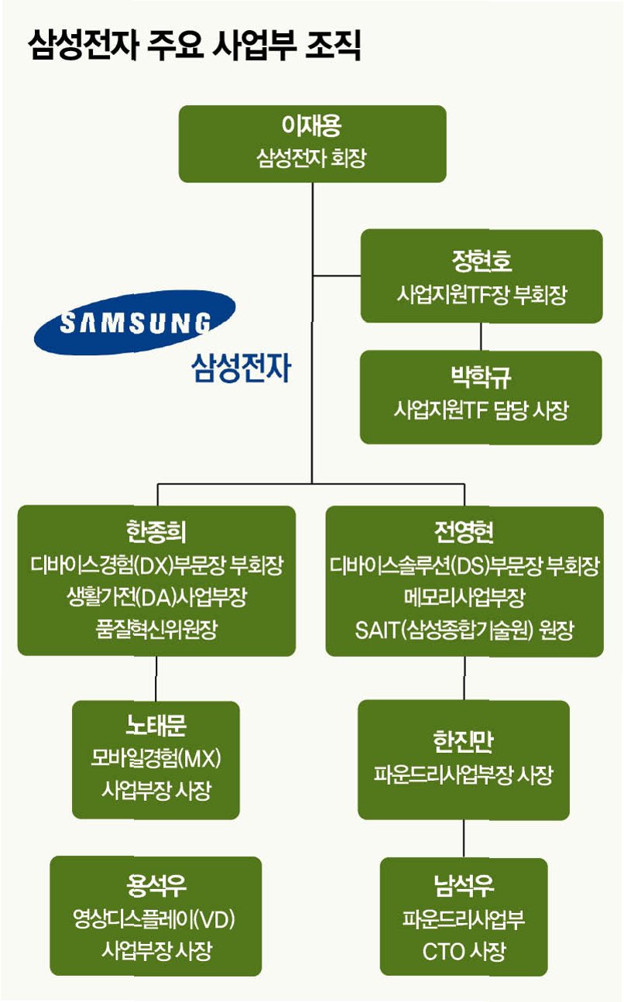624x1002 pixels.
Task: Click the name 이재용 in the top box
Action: pyautogui.click(x=312, y=126)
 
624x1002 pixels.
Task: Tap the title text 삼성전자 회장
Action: pyautogui.click(x=312, y=159)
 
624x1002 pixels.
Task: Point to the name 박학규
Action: pyautogui.click(x=481, y=378)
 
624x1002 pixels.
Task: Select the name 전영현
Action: pyautogui.click(x=464, y=532)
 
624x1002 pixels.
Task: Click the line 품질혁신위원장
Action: pyautogui.click(x=156, y=629)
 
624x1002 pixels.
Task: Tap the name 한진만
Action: pyautogui.click(x=464, y=741)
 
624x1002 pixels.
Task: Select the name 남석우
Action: pyautogui.click(x=464, y=885)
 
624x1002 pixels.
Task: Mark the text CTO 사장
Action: pyautogui.click(x=464, y=951)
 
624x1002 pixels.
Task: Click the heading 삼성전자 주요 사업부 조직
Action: pyautogui.click(x=194, y=46)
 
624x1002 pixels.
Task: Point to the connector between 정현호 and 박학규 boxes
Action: pyautogui.click(x=481, y=337)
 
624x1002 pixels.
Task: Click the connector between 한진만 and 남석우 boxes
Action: pyautogui.click(x=464, y=839)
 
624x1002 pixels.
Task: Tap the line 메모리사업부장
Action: pyautogui.click(x=464, y=597)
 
